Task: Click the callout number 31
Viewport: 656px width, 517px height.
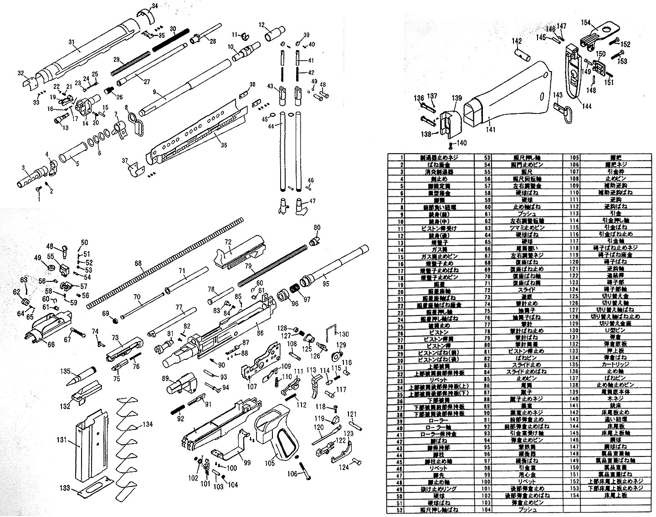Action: pos(71,42)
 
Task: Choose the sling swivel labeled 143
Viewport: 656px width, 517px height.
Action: pos(562,109)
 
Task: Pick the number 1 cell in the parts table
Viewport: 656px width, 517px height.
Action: pos(402,157)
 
